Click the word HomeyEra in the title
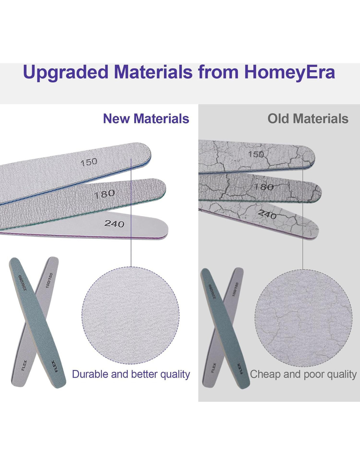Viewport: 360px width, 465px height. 290,73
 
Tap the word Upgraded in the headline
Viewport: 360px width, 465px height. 65,73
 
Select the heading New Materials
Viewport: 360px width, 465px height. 146,119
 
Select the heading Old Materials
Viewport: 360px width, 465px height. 308,119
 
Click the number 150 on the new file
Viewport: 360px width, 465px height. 89,162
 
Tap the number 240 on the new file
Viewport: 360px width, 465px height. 114,224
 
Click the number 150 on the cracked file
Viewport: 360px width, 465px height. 256,154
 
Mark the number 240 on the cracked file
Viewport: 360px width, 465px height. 267,214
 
